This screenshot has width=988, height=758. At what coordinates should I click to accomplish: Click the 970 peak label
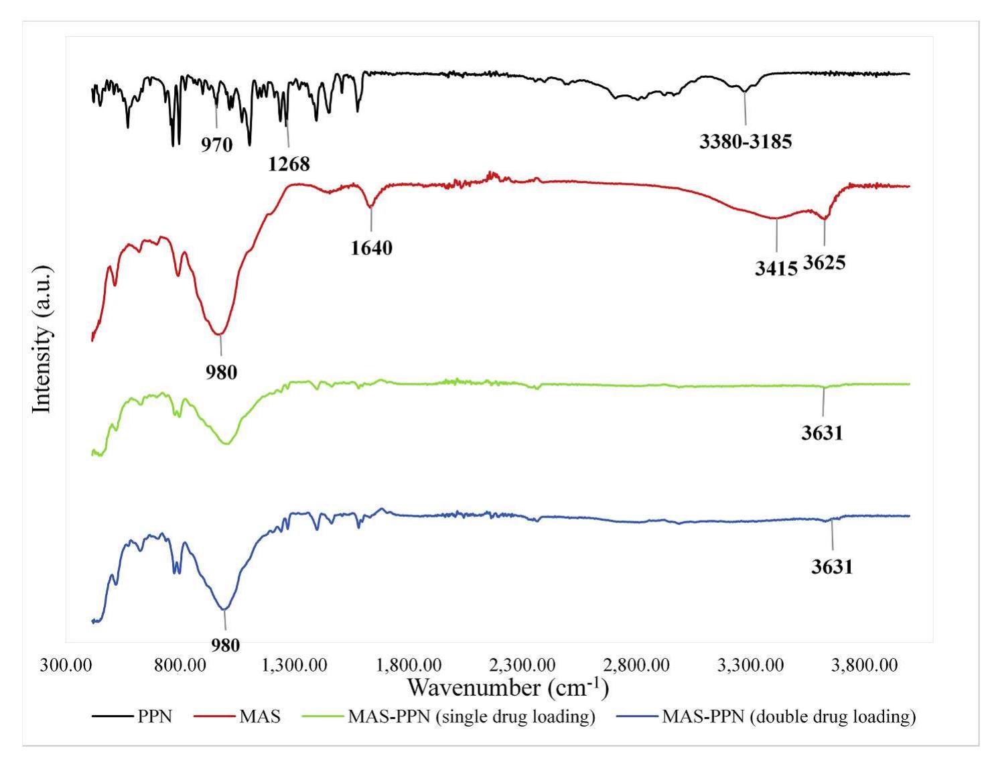point(217,144)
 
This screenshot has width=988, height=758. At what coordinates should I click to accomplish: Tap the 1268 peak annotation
point(289,164)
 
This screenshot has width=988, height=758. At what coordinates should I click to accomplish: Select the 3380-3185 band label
point(746,141)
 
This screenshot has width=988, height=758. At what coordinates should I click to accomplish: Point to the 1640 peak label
point(371,248)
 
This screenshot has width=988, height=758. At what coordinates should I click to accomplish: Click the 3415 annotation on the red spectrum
point(776,269)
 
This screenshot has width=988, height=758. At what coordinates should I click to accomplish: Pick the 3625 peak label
point(824,262)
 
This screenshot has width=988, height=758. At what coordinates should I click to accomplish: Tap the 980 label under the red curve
point(221,372)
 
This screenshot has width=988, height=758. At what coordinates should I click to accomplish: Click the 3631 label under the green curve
point(822,433)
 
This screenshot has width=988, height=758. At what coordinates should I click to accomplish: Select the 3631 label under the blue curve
point(832,567)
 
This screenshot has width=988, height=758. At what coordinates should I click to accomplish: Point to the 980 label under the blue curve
point(225,645)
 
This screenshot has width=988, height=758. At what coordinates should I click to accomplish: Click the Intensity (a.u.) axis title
point(42,340)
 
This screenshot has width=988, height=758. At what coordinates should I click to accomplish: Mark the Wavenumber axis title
point(508,688)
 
